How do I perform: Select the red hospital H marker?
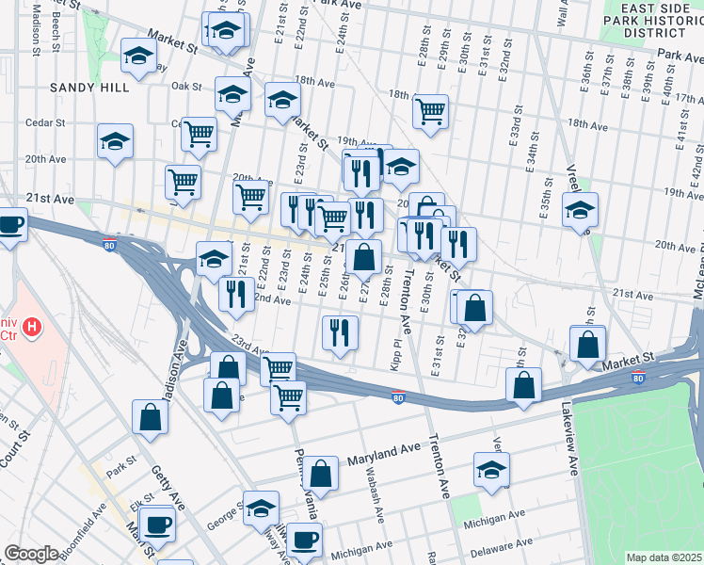pos(33,328)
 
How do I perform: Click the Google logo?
pos(31,554)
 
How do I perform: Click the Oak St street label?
pos(186,86)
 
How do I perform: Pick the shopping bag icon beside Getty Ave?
pos(151,415)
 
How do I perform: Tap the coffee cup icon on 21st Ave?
pos(11,226)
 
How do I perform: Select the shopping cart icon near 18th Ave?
pos(429,111)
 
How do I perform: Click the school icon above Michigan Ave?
pos(491,469)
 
